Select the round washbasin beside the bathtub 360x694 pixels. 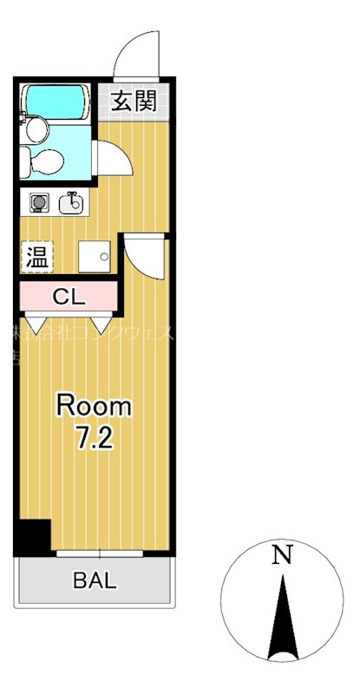36,130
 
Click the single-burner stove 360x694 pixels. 39,204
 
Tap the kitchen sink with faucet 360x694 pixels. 72,204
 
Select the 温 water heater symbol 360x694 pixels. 36,257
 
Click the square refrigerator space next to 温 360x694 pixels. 95,256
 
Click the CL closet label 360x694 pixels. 68,297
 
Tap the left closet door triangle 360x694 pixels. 36,324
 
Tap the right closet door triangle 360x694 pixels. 101,324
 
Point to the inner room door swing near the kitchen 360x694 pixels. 143,256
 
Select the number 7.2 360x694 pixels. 94,438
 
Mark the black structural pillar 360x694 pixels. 33,537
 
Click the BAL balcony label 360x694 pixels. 94,581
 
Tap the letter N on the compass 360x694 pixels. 280,556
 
